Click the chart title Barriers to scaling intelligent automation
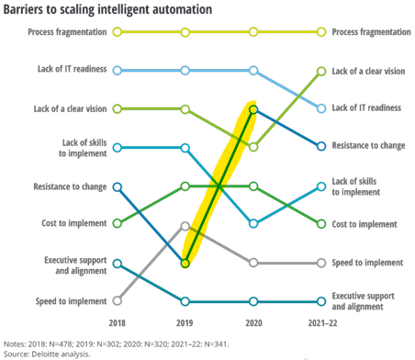point(107,10)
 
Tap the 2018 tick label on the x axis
point(118,323)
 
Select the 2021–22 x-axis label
point(322,323)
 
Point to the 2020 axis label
point(253,323)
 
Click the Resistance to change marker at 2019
point(185,264)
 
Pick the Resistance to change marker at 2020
point(253,109)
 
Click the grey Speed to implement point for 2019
point(185,226)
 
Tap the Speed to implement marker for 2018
point(118,301)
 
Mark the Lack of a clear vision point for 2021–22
point(321,72)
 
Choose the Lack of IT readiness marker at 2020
point(253,71)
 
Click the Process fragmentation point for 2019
point(185,32)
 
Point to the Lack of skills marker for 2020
point(253,224)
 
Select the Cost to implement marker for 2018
point(118,223)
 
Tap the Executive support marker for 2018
point(118,264)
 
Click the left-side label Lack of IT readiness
point(73,69)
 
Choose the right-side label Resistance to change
point(368,145)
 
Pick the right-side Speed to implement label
point(367,263)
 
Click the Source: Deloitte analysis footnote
point(47,354)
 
